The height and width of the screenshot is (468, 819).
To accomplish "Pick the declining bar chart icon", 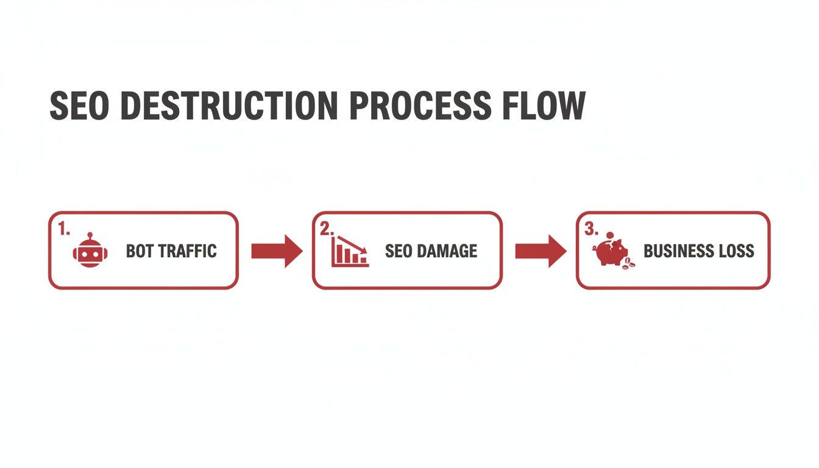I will tap(350, 251).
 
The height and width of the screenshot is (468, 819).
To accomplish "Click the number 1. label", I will tap(65, 229).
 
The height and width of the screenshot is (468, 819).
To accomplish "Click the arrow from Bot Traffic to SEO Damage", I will tap(277, 250).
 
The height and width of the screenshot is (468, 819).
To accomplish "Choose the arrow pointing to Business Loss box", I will tap(541, 250).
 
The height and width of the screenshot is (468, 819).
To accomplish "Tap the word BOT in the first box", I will tap(140, 251).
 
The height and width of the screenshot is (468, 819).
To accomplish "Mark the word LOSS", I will tap(737, 251).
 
